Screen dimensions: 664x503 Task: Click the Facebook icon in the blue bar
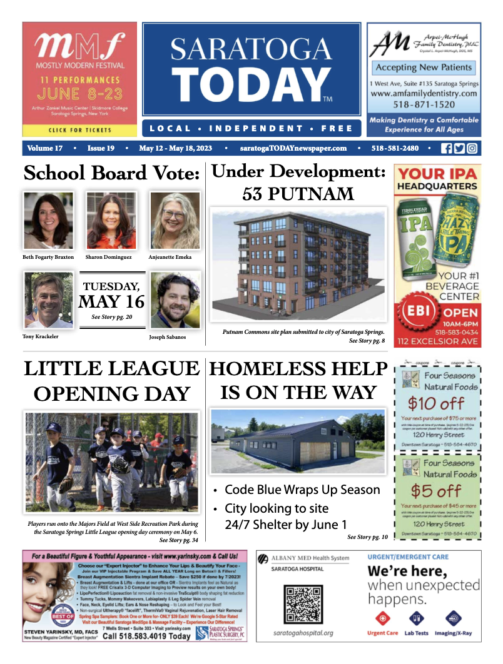click(446, 149)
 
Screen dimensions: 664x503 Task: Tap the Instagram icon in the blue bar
click(472, 149)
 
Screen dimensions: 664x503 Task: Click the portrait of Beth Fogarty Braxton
click(48, 221)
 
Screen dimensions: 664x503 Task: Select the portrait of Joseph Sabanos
click(175, 301)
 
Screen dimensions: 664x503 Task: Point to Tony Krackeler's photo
click(48, 301)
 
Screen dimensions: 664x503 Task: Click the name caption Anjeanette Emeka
click(170, 257)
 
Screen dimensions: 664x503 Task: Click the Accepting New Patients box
click(423, 68)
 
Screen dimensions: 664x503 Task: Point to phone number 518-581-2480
click(395, 149)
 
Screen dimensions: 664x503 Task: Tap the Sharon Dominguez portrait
click(111, 221)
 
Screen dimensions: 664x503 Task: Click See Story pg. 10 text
click(367, 537)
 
